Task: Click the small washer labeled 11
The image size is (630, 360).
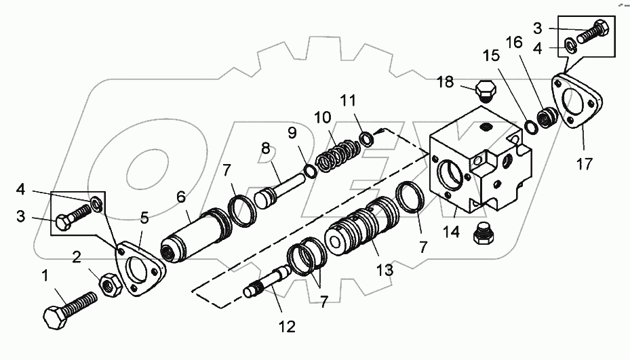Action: click(x=367, y=140)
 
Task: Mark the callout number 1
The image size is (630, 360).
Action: click(x=45, y=276)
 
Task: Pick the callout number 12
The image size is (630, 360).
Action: click(x=287, y=327)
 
